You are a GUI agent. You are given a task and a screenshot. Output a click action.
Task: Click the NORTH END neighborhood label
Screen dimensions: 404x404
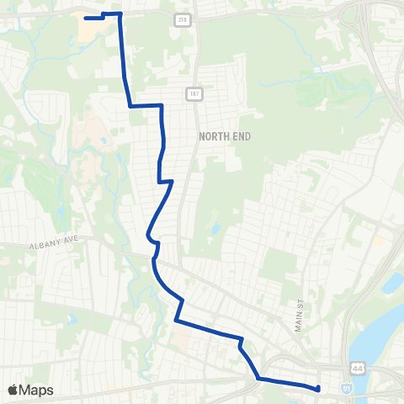pyautogui.click(x=225, y=136)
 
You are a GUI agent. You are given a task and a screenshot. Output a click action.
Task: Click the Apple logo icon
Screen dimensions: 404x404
pyautogui.click(x=13, y=390)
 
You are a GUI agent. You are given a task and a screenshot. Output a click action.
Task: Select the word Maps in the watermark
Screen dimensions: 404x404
pyautogui.click(x=37, y=390)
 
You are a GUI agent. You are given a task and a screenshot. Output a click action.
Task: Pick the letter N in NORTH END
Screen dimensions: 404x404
pyautogui.click(x=202, y=136)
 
